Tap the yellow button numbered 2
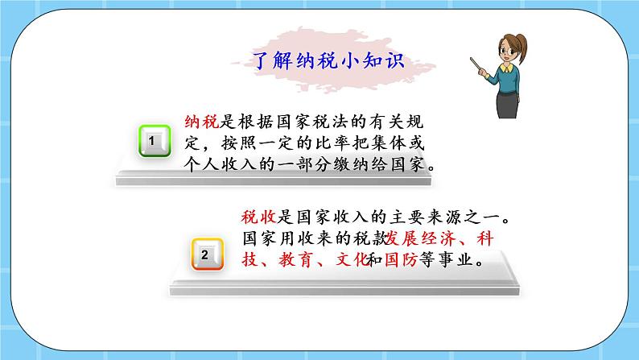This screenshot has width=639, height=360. coord(204,255)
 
